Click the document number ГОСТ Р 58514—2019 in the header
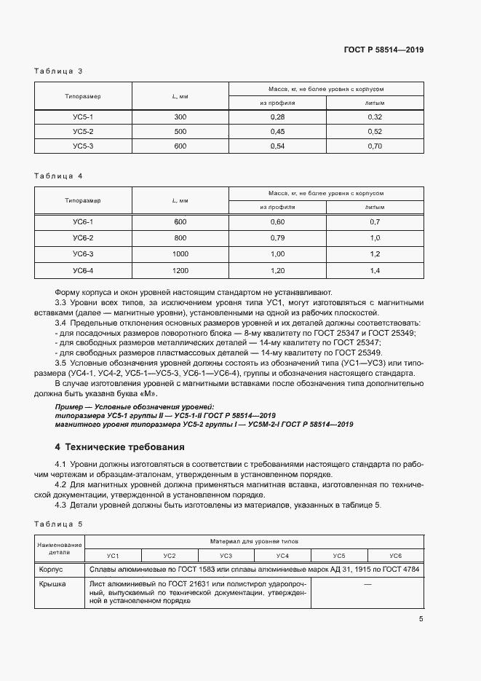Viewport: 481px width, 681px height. click(383, 50)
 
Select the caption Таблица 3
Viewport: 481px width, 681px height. click(59, 71)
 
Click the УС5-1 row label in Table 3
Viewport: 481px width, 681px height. click(83, 117)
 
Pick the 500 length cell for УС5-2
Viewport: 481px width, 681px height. click(180, 131)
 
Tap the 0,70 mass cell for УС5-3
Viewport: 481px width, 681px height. click(375, 146)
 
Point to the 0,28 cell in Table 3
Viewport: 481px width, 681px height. click(277, 117)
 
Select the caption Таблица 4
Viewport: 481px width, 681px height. click(59, 176)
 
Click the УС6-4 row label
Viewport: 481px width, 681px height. click(83, 271)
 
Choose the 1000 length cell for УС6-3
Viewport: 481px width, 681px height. click(180, 254)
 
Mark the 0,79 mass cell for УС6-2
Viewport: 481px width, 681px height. click(277, 237)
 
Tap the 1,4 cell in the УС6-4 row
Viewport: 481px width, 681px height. click(375, 271)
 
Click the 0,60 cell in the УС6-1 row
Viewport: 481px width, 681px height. click(277, 221)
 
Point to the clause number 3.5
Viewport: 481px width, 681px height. click(61, 363)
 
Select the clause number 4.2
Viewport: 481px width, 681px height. click(61, 483)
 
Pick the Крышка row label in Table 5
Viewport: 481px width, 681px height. click(52, 584)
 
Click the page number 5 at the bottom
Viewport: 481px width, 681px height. click(421, 619)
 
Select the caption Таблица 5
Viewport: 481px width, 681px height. click(59, 524)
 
